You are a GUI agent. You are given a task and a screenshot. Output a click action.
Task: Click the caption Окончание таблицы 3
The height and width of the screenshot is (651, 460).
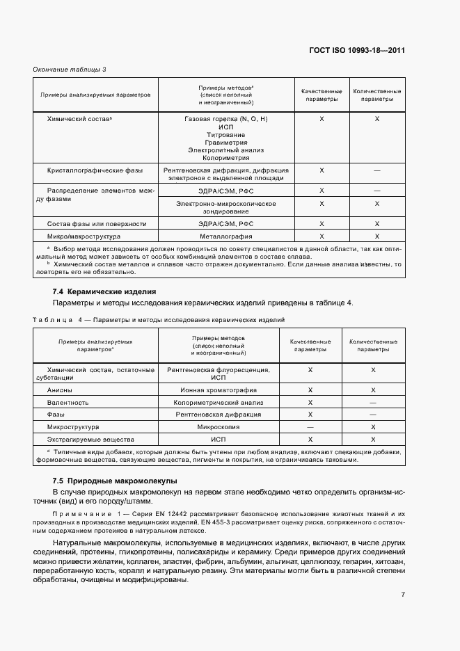[x=69, y=70]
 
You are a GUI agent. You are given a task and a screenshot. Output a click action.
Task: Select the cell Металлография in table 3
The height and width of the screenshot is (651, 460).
[x=225, y=236]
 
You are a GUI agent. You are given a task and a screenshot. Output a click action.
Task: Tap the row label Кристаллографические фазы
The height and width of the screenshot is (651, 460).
[x=95, y=170]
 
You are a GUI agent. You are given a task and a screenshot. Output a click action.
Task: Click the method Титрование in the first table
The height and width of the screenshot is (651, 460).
[x=225, y=134]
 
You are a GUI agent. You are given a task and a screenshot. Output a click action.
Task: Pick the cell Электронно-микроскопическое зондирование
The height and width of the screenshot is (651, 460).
[x=225, y=207]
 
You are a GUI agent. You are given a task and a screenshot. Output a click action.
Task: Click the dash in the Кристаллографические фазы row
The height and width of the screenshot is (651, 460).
[x=376, y=170]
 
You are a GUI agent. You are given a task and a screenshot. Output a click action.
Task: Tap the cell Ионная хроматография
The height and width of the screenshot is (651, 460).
[x=219, y=390]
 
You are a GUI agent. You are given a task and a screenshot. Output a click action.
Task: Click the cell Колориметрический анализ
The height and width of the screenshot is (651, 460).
[x=219, y=402]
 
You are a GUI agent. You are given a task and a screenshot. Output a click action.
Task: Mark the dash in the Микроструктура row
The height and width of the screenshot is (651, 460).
[x=310, y=427]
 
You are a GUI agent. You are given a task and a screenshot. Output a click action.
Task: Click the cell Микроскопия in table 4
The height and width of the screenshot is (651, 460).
[x=219, y=427]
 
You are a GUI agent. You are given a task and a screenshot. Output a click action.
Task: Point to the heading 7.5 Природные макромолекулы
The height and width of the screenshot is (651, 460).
[x=115, y=481]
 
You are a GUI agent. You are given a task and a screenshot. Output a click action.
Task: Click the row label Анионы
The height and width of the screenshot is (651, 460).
[x=59, y=390]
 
